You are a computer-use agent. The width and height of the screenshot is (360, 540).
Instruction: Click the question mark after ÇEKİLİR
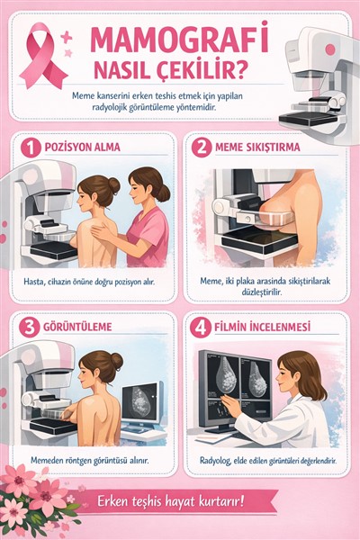coord(240,69)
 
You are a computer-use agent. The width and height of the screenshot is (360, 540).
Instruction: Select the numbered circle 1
coord(31,148)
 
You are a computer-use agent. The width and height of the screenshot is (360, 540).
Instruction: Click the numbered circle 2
coord(202,148)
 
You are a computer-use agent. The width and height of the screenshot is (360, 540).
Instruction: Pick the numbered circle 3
coord(29,328)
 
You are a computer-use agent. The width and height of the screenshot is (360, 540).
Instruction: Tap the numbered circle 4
coord(200,328)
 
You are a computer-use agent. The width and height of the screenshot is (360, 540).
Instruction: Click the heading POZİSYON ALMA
coord(82,148)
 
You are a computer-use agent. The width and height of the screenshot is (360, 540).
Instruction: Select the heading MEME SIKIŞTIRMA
coord(257,148)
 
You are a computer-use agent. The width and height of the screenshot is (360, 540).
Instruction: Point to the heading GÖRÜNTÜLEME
coord(77,327)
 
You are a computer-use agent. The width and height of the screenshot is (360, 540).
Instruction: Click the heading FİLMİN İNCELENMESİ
coord(262,327)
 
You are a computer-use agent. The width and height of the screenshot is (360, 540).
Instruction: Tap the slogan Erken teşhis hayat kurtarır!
coord(171,500)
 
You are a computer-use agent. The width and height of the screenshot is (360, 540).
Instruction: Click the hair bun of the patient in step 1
coord(114,185)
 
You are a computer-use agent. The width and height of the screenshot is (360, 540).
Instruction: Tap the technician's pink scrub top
coord(148,237)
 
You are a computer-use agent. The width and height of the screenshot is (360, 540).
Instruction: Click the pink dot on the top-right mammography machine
coord(330,49)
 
